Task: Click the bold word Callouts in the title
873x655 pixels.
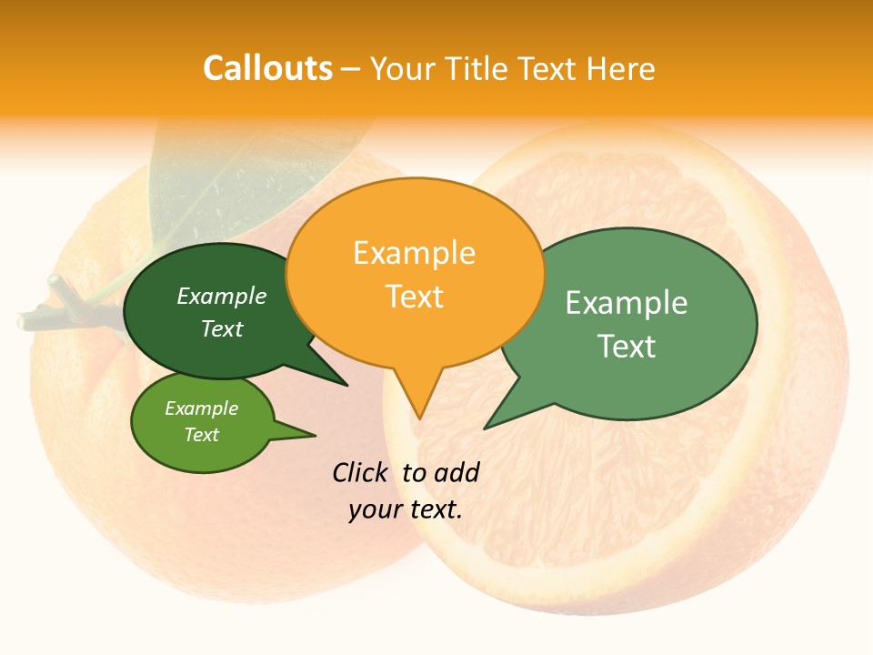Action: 267,68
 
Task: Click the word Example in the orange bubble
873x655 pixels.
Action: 415,253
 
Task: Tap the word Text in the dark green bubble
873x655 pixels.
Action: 222,328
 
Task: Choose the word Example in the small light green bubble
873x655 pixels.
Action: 202,408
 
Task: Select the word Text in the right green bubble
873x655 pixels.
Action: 627,347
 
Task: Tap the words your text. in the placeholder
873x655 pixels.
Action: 406,509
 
